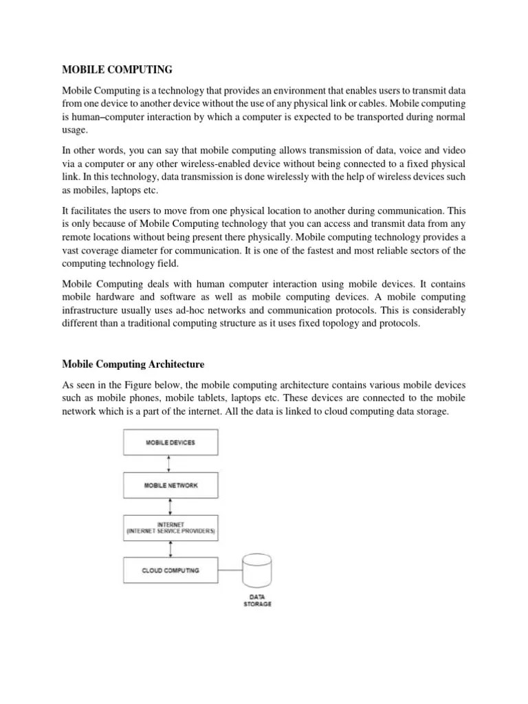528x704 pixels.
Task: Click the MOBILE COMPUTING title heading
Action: tap(118, 69)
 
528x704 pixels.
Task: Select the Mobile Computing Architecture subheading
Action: tap(133, 363)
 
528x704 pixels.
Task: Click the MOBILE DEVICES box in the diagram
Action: tap(170, 442)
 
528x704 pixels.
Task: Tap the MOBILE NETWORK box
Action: tap(170, 485)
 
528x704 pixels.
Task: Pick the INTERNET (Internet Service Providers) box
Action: tap(170, 527)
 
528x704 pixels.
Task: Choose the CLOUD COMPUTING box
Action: tap(170, 570)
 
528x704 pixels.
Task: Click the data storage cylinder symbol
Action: tap(257, 570)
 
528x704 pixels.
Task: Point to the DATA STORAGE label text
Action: tap(257, 601)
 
